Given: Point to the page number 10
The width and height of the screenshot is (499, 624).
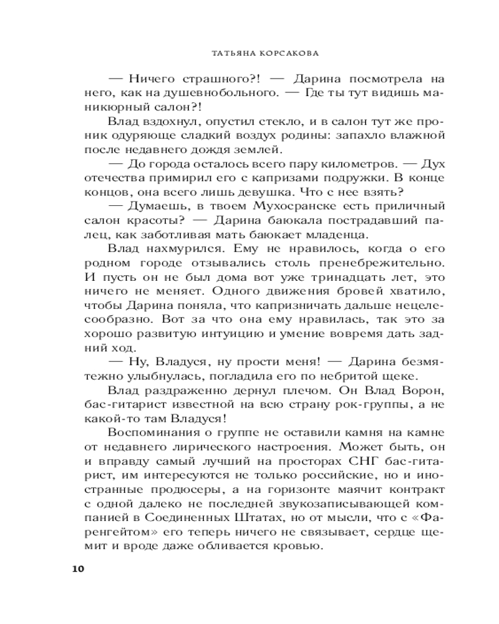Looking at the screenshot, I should (x=77, y=568).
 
